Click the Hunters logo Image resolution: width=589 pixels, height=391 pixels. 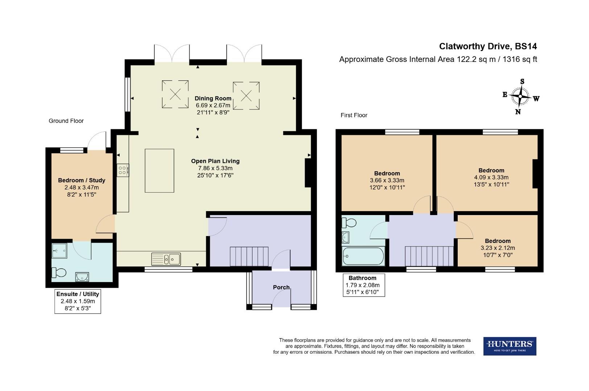[510, 346]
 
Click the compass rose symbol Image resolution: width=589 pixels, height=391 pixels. [520, 97]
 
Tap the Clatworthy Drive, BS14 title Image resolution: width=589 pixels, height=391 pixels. [488, 46]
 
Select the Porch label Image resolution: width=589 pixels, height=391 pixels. [281, 287]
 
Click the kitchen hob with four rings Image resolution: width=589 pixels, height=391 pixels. [123, 170]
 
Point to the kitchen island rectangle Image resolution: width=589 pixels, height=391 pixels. [159, 171]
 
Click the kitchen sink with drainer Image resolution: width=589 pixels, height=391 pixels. [166, 259]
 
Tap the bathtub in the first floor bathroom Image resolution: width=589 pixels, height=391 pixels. [363, 256]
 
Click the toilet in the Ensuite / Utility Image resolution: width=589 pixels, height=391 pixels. [59, 272]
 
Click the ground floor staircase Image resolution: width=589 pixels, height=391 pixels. [249, 256]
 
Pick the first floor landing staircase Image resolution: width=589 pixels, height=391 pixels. [429, 256]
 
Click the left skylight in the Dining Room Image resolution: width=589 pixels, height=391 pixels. [175, 94]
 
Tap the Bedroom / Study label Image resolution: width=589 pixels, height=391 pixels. [82, 180]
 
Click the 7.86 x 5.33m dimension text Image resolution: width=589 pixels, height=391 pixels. [215, 168]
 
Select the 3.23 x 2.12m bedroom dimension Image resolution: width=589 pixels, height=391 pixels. [498, 248]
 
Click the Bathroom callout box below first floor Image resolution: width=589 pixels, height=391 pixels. [364, 285]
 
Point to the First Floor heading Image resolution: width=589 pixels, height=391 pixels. [354, 115]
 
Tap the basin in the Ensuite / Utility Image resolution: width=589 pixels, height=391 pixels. [82, 277]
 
